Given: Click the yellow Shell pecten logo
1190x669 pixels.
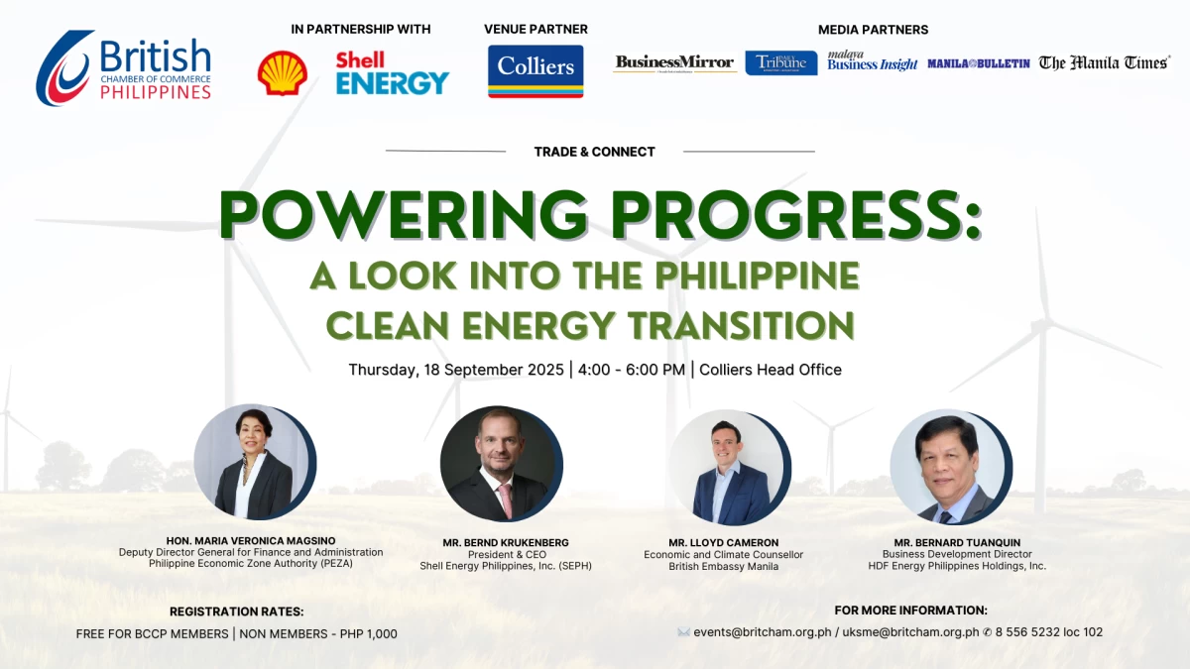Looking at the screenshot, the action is tap(282, 72).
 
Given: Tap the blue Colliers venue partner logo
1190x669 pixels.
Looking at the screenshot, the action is tap(535, 71).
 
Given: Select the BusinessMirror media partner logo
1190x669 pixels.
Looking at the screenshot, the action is tap(674, 63).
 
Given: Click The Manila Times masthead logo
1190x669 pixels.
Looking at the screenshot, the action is tap(1105, 63).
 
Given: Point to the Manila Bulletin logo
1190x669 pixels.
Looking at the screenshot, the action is tap(979, 63).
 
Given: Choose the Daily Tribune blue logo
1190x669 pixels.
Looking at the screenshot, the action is tap(781, 63).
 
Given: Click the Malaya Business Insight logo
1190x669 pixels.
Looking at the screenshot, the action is tap(872, 61).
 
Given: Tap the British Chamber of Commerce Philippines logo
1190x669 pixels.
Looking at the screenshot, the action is tap(124, 68).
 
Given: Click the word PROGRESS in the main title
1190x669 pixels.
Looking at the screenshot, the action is tap(795, 214).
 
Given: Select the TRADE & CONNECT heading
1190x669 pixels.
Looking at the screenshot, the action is tap(594, 152).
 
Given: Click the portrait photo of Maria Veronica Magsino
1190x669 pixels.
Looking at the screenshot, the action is tap(255, 462).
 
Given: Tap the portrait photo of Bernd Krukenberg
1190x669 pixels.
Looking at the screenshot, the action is tap(501, 464).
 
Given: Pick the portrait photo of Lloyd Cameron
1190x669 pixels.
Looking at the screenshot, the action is tap(730, 467).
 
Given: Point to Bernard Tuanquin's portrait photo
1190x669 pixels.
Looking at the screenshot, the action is tap(951, 467).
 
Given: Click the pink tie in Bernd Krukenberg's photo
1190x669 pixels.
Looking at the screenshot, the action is tap(505, 501).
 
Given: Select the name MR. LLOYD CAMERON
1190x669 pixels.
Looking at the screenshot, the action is tap(724, 543).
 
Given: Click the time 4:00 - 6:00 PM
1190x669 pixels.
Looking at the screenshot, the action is tap(632, 370).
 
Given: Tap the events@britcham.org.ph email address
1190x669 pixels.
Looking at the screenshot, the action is tap(763, 632).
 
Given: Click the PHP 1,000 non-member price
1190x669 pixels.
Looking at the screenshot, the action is tap(369, 634).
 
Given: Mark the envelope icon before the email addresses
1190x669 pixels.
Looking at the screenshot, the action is tap(683, 632).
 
